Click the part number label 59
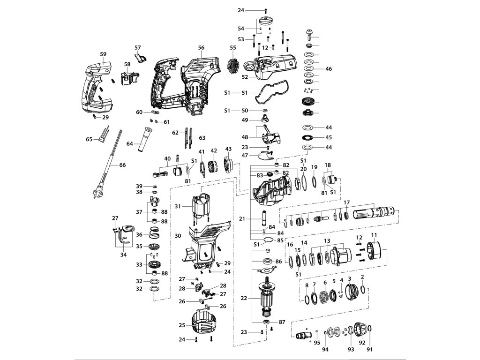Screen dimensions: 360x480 pyautogui.click(x=103, y=54)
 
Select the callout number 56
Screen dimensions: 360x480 pyautogui.click(x=201, y=48)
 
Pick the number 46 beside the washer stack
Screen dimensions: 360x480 pyautogui.click(x=328, y=69)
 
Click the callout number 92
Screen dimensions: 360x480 pyautogui.click(x=361, y=349)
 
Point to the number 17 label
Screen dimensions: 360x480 pyautogui.click(x=346, y=202)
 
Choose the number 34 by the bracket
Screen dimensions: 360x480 pyautogui.click(x=123, y=255)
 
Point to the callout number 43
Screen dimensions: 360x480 pyautogui.click(x=228, y=149)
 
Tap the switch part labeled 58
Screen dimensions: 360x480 pyautogui.click(x=127, y=76)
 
